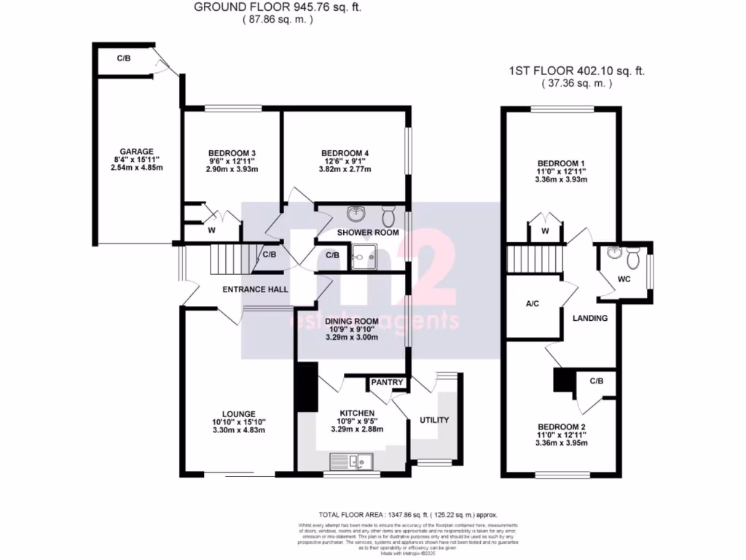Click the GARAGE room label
(x=127, y=152)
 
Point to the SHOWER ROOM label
(x=368, y=233)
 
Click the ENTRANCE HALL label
(x=255, y=289)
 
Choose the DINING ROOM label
(x=352, y=321)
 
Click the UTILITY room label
(x=435, y=420)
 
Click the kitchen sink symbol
(x=351, y=461)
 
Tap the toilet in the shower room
(x=388, y=216)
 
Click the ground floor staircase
(x=225, y=258)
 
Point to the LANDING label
(x=590, y=319)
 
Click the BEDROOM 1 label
(x=561, y=163)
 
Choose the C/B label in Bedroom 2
(x=596, y=381)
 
